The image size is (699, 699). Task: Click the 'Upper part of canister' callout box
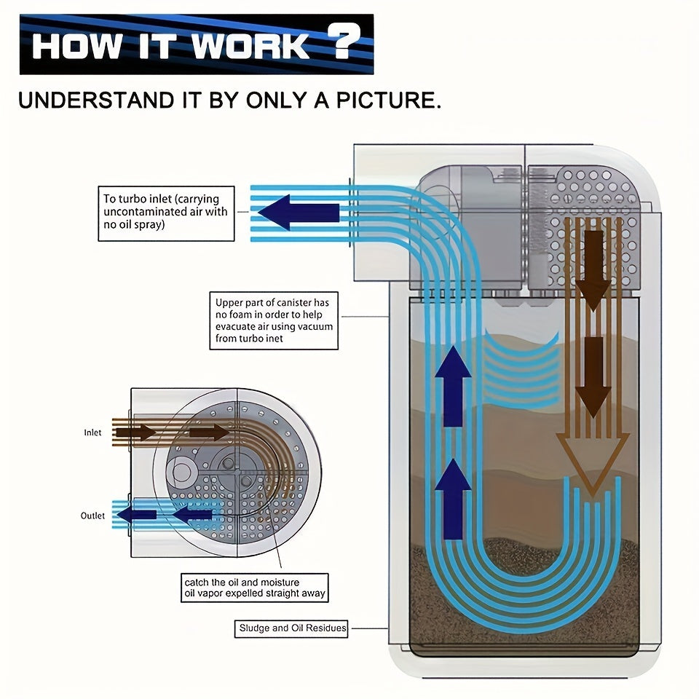tap(273, 320)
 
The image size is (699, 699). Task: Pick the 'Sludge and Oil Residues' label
tap(293, 628)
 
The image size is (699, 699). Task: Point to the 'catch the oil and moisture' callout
tap(255, 588)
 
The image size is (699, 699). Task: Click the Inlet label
tap(92, 433)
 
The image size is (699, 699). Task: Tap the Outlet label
tap(92, 516)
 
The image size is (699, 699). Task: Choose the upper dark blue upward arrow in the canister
tap(453, 386)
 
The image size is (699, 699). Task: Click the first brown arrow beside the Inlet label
tap(136, 433)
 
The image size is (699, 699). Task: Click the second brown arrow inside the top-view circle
tap(209, 433)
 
